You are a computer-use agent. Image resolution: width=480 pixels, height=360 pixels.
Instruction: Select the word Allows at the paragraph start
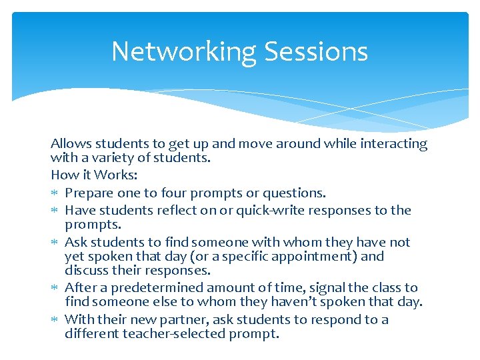(71, 144)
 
